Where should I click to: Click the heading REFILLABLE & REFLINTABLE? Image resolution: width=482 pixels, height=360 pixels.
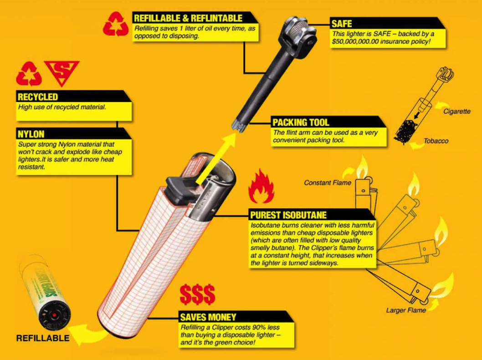[188, 18]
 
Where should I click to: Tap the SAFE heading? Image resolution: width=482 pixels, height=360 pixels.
[342, 24]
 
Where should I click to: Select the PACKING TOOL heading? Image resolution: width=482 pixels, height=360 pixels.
[301, 123]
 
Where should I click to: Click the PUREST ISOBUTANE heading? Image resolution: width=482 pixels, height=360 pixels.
[288, 215]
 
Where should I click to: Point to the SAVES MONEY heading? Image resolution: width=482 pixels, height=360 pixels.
[208, 317]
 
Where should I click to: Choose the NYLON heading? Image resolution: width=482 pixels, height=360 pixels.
[31, 134]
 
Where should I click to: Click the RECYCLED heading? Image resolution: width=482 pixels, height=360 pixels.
[38, 97]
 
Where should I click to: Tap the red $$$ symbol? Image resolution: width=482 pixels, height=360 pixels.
[197, 294]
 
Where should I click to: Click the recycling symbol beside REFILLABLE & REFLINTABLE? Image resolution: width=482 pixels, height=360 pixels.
[116, 24]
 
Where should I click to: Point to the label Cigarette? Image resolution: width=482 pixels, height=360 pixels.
[456, 111]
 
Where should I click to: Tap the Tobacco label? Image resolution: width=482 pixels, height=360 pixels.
[436, 141]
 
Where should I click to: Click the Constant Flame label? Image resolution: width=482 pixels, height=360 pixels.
[328, 183]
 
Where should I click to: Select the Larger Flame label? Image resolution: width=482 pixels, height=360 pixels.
[406, 310]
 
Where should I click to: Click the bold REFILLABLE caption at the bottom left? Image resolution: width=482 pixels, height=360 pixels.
[43, 338]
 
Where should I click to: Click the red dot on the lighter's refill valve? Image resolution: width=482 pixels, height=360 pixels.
[54, 315]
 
